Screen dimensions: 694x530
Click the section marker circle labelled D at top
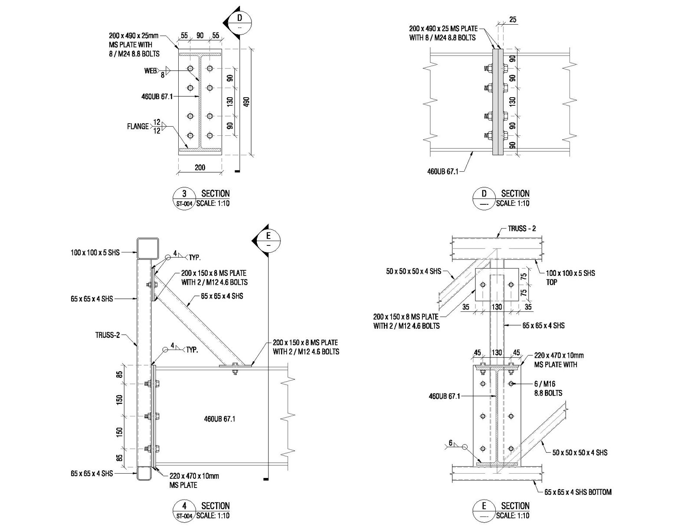239,23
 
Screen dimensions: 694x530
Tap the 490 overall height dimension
247,101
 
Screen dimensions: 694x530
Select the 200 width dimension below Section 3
200,167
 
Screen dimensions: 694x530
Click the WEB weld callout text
151,71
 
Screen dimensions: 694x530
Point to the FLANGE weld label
137,126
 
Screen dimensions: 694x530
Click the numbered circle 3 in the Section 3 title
184,198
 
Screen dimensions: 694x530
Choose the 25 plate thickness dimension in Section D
513,20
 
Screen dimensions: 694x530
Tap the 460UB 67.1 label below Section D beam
443,172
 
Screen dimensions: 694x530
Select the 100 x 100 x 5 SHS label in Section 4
95,252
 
